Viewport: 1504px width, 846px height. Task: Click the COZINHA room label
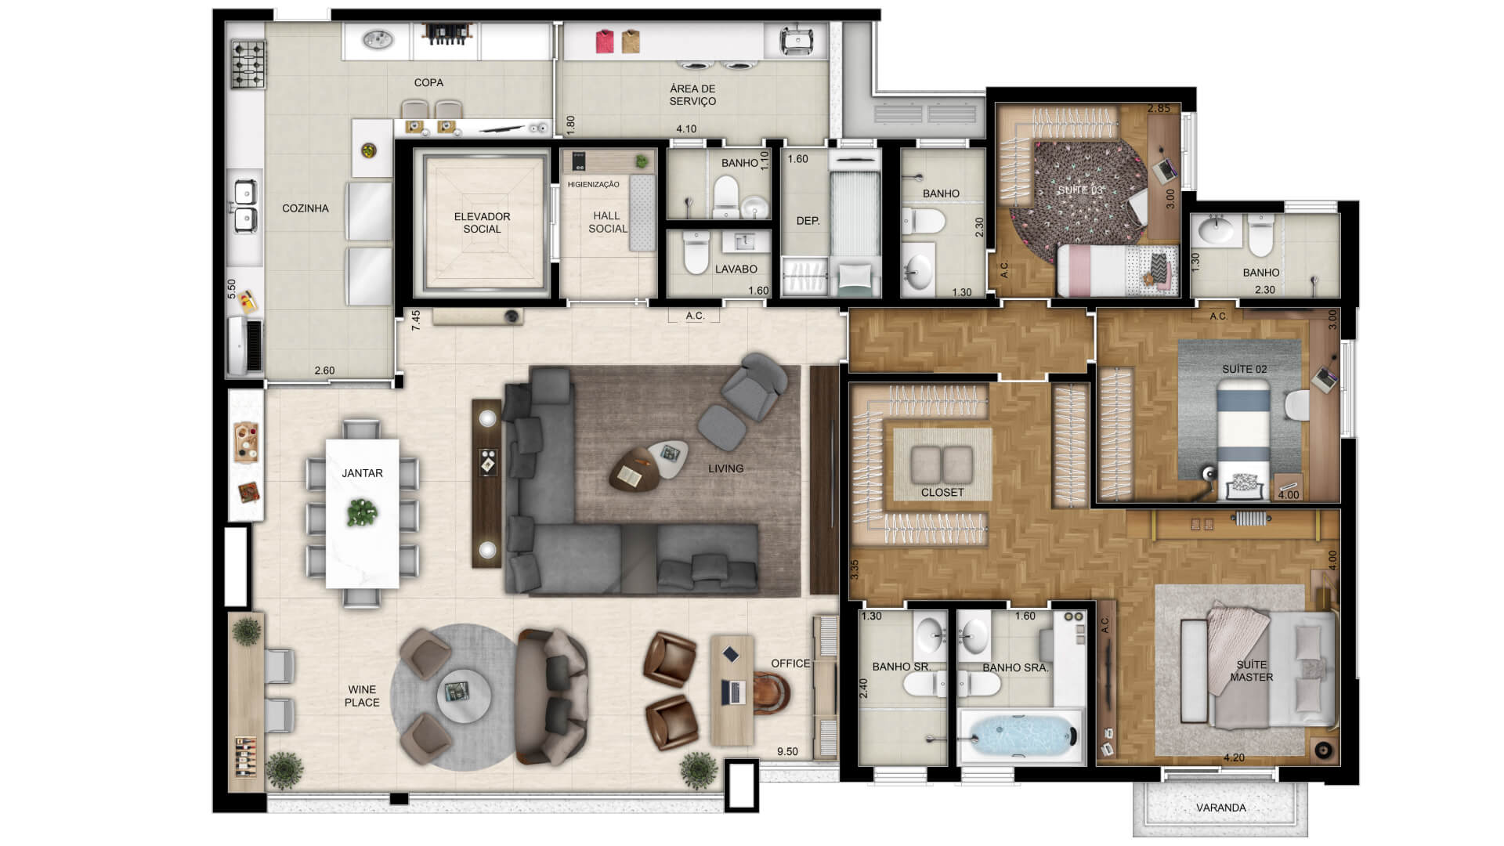[305, 208]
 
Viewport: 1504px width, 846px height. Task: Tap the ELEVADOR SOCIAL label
[482, 222]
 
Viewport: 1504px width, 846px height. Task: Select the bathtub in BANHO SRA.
[1019, 736]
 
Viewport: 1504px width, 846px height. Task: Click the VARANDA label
[1220, 808]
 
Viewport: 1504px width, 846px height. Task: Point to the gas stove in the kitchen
[248, 64]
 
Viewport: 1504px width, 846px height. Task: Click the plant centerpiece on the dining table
[362, 512]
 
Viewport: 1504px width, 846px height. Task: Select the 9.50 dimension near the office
[787, 752]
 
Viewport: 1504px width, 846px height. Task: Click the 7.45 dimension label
[416, 320]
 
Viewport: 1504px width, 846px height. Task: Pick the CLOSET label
[942, 493]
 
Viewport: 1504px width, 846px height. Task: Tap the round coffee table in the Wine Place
[464, 693]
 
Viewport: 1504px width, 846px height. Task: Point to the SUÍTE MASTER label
[1251, 671]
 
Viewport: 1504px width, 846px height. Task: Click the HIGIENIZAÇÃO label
[593, 185]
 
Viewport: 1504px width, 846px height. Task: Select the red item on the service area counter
[605, 42]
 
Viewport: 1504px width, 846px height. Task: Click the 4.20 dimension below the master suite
[1234, 757]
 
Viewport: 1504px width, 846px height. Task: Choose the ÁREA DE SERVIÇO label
[692, 95]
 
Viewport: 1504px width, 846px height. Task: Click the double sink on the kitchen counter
[244, 206]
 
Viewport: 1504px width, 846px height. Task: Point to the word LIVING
[725, 468]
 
